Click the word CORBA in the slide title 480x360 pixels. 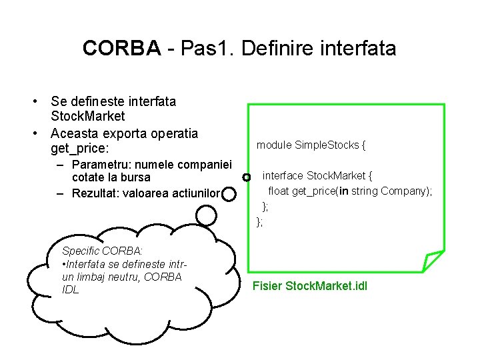coord(121,48)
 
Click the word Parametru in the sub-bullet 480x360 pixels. coord(101,165)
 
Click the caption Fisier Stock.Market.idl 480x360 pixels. coord(309,287)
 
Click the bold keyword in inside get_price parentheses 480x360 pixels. coord(343,191)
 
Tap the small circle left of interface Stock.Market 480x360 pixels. coord(247,177)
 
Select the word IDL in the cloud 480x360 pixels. coord(70,290)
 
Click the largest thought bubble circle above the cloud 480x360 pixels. coord(207,215)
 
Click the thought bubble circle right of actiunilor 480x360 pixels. coord(229,194)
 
